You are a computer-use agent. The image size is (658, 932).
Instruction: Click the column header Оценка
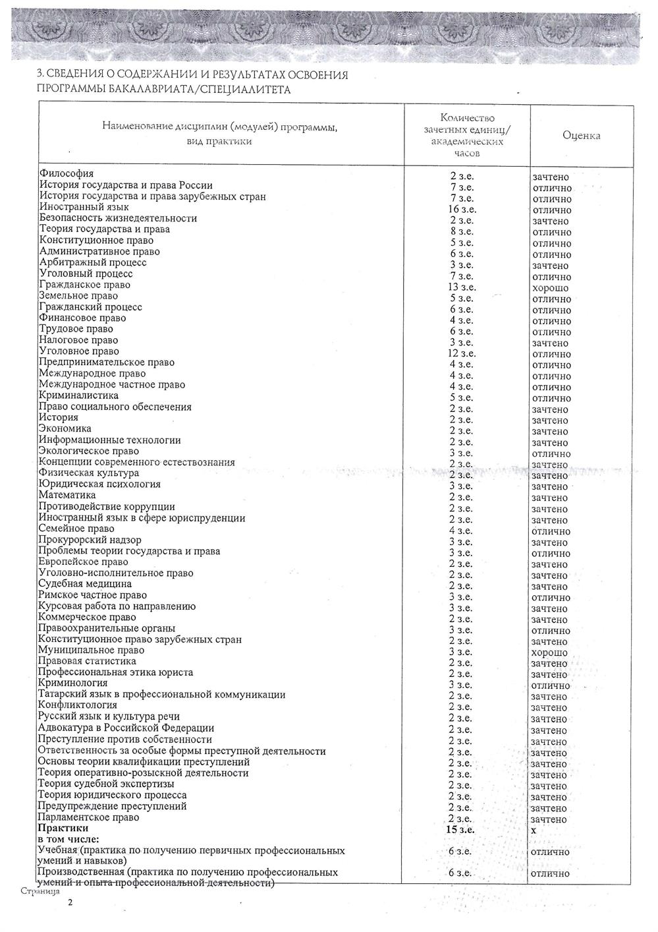(x=581, y=135)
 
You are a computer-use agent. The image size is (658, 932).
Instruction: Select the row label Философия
(x=66, y=174)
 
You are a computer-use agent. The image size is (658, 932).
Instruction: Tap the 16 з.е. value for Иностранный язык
(x=462, y=210)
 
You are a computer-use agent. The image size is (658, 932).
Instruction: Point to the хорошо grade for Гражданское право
(x=550, y=288)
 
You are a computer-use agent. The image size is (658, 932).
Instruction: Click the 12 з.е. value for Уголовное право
(x=462, y=353)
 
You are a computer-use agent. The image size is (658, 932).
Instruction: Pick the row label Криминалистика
(x=78, y=395)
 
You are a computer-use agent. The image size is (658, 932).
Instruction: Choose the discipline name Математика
(x=67, y=495)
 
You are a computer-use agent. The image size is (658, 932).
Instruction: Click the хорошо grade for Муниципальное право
(x=549, y=653)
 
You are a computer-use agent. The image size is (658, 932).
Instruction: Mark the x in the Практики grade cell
(x=534, y=830)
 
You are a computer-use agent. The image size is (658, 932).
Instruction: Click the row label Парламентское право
(x=88, y=817)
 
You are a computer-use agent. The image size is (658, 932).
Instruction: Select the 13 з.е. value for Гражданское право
(x=462, y=287)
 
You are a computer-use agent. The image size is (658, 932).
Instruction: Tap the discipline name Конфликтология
(x=78, y=705)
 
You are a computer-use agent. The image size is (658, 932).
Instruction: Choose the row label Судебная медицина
(x=85, y=583)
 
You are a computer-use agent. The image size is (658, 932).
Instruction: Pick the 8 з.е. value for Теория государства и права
(x=462, y=231)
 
